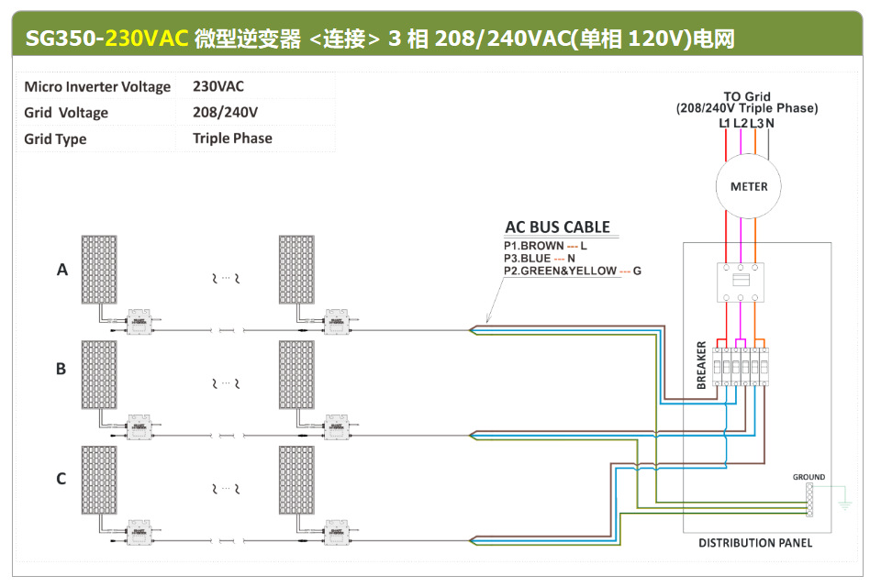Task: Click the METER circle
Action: coord(749,187)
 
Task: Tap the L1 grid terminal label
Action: coord(724,123)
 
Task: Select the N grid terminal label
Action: coord(770,123)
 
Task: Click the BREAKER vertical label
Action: coord(702,366)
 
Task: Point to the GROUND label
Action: coord(809,477)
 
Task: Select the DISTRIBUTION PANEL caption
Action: coord(755,543)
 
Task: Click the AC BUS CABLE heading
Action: coord(557,227)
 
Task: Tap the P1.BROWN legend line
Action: coord(545,247)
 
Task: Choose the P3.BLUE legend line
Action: coord(540,259)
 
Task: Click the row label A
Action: coord(62,270)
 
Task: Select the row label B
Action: coord(61,369)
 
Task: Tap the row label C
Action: coord(61,478)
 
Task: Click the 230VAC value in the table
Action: coord(218,86)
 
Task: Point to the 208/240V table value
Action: coord(225,112)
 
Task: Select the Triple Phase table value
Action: coord(232,138)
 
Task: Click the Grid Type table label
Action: coord(55,138)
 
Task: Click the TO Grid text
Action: coord(747,96)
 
